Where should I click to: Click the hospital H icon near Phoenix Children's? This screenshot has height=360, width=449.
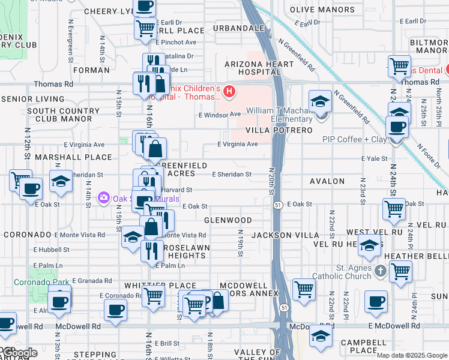pyautogui.click(x=228, y=92)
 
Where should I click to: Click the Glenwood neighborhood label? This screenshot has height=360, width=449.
pyautogui.click(x=228, y=221)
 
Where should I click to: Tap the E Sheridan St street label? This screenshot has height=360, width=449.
pyautogui.click(x=232, y=175)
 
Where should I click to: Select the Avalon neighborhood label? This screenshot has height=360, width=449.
pyautogui.click(x=327, y=181)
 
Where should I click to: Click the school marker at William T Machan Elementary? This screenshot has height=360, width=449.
pyautogui.click(x=321, y=102)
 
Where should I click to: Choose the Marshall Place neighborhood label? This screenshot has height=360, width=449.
pyautogui.click(x=73, y=157)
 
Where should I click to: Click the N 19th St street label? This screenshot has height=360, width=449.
pyautogui.click(x=240, y=243)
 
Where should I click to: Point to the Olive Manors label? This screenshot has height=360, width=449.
pyautogui.click(x=322, y=10)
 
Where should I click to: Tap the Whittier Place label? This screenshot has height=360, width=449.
pyautogui.click(x=160, y=286)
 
